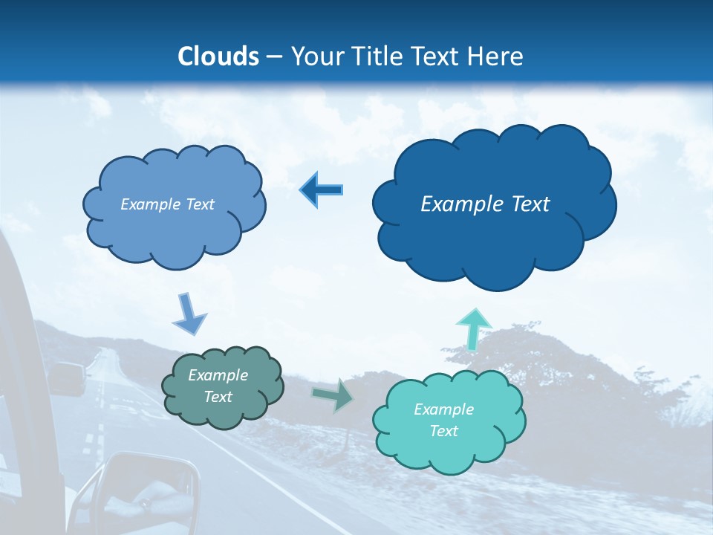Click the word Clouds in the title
[218, 56]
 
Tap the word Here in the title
[497, 56]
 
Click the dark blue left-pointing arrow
[322, 189]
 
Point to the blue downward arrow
[189, 313]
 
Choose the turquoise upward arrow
[473, 327]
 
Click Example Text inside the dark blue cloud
[485, 204]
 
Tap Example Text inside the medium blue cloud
[167, 204]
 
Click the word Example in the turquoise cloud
[443, 409]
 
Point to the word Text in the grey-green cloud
[218, 397]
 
